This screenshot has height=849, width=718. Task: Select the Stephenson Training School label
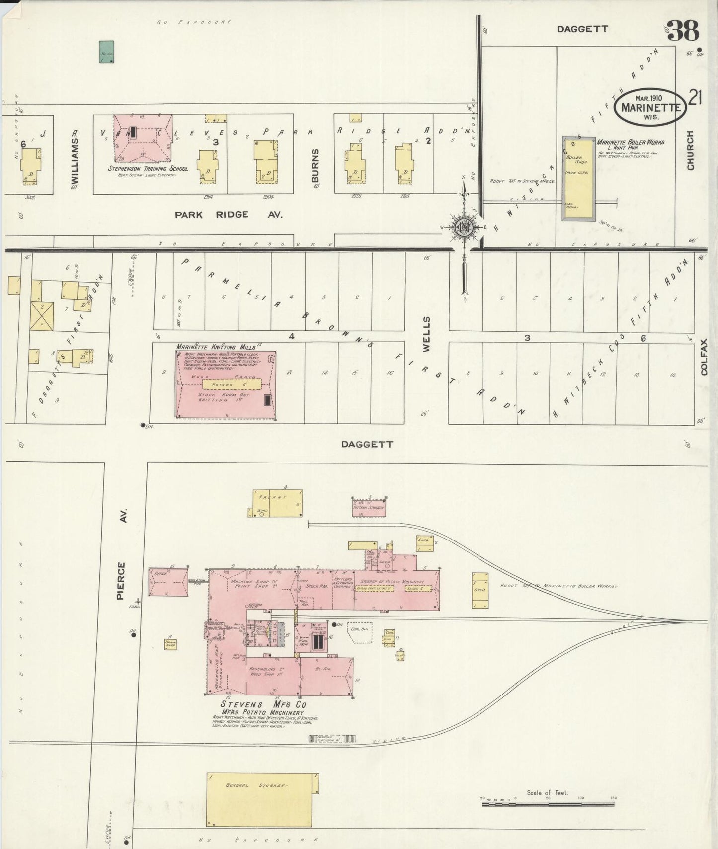[148, 168]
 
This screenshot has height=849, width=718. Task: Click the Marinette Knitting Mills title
[216, 347]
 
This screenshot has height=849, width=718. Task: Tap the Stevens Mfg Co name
[263, 704]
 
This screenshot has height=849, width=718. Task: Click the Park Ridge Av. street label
[228, 215]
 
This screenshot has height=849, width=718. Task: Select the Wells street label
[426, 334]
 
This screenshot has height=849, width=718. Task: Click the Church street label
[690, 151]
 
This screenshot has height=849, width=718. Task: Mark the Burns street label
[315, 165]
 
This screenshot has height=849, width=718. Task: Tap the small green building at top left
[106, 52]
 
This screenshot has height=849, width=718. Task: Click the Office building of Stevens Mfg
[167, 581]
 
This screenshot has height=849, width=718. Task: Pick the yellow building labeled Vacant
[277, 503]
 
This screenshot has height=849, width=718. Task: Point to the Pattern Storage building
[369, 507]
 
